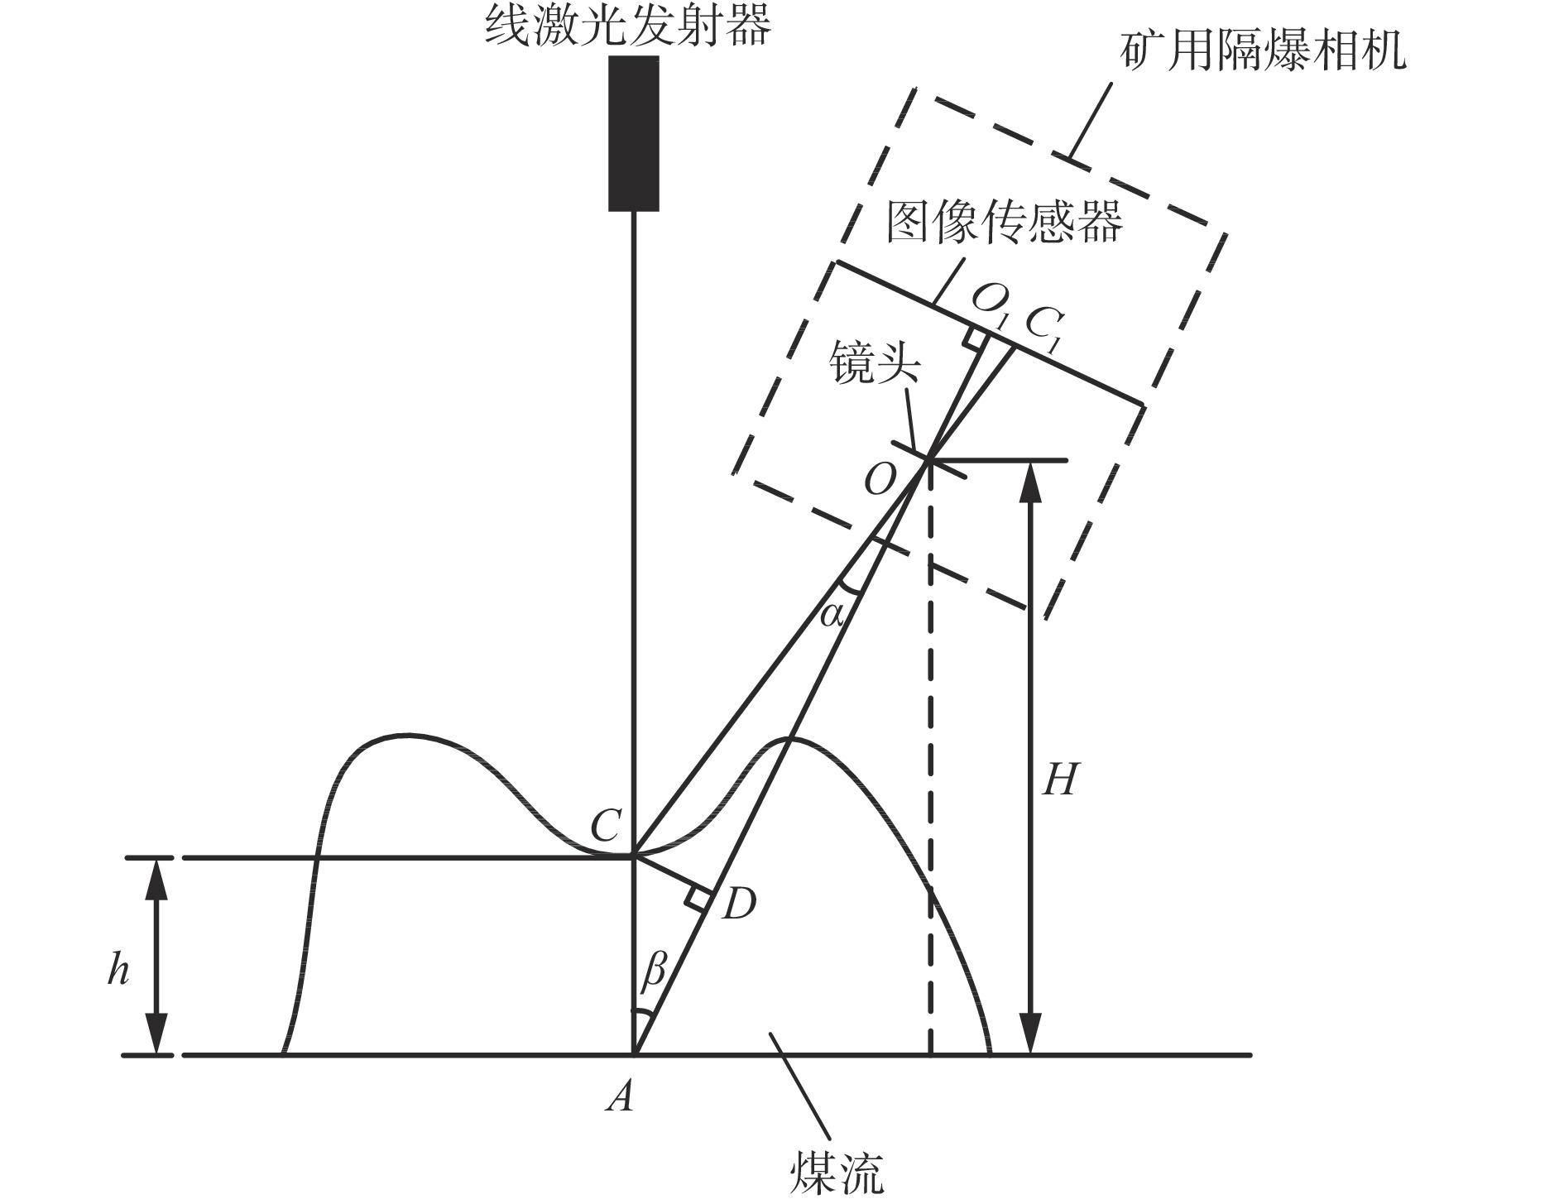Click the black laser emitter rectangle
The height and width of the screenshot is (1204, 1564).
[634, 133]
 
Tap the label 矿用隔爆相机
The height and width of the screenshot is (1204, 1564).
[1263, 50]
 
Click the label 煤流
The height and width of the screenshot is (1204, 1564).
[837, 1172]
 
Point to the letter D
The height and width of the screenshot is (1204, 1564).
[739, 904]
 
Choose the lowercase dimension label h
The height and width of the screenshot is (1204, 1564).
[118, 969]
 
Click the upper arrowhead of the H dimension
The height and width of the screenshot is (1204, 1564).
[1029, 483]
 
